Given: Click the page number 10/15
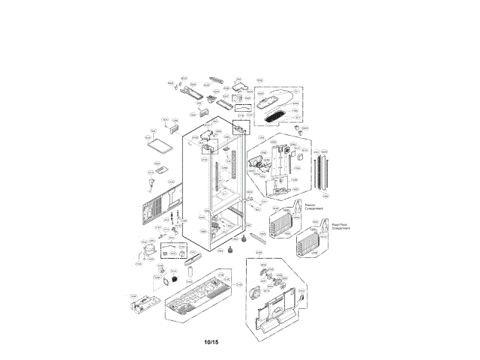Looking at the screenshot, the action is coord(211,343).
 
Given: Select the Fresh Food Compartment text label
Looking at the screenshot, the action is coord(340,224).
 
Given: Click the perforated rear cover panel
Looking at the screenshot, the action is coord(159,205).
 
